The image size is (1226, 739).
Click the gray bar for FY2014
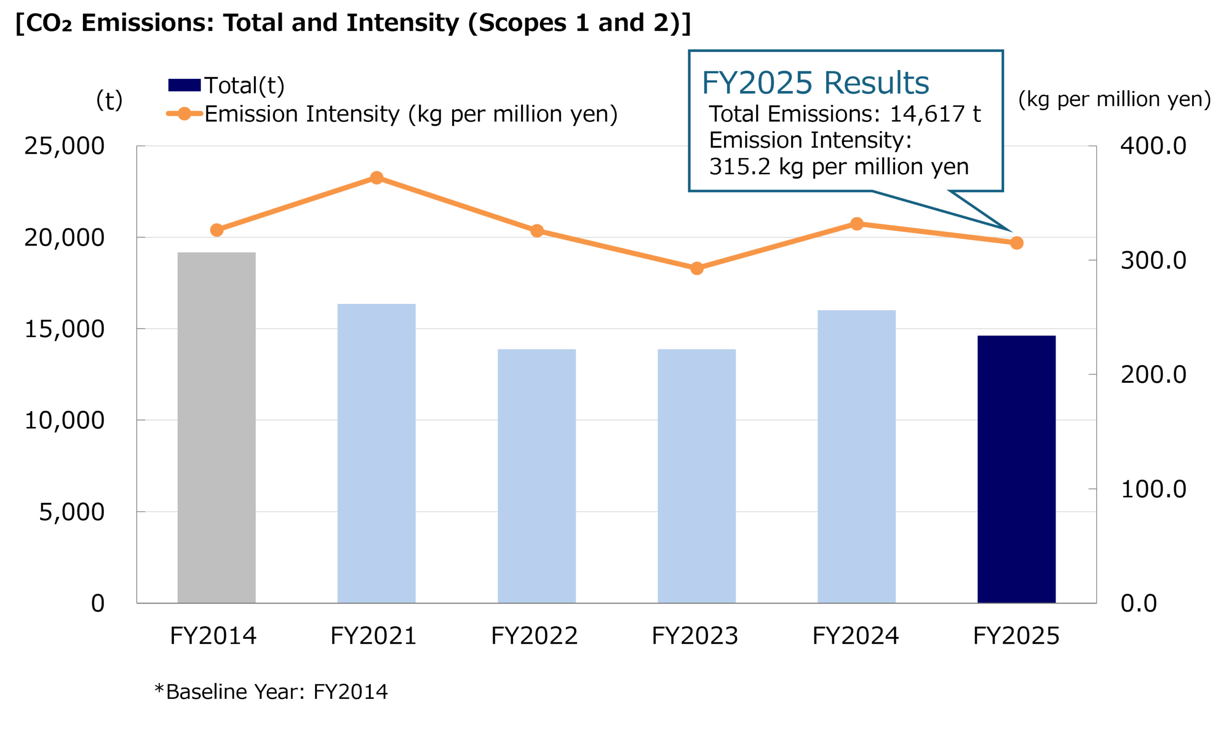(x=216, y=428)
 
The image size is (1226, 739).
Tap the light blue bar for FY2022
(x=536, y=476)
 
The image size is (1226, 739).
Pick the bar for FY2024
(x=856, y=457)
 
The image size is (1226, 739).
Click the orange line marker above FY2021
(x=376, y=178)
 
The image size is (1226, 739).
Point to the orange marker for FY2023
(x=697, y=269)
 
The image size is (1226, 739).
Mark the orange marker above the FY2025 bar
(x=1017, y=243)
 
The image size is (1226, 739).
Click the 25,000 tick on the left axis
(x=64, y=146)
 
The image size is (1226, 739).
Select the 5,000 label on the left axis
(x=72, y=512)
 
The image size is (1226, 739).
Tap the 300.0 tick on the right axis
(x=1153, y=260)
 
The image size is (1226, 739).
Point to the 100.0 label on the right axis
(x=1153, y=489)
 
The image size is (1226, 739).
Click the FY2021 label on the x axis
(x=373, y=636)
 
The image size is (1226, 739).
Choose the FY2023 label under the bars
(x=694, y=636)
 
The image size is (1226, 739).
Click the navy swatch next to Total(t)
(x=184, y=85)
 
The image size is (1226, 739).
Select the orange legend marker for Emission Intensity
(x=184, y=114)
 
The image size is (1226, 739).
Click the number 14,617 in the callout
(x=926, y=114)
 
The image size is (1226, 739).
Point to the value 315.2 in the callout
(x=739, y=167)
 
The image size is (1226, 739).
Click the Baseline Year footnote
(x=271, y=692)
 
